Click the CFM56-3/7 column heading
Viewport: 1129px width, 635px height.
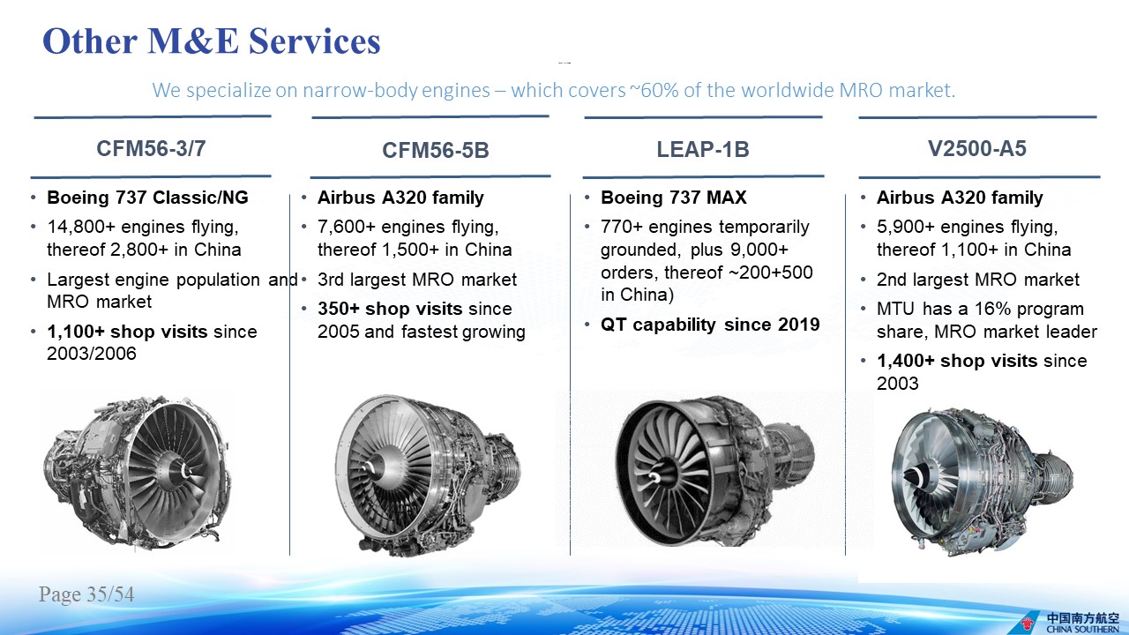[151, 149]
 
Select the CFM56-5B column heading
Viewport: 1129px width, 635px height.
[436, 150]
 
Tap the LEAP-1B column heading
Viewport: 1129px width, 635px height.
[703, 149]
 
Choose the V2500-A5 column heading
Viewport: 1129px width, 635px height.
[976, 149]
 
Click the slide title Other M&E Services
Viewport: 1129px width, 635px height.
[212, 41]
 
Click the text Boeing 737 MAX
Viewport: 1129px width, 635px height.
[673, 197]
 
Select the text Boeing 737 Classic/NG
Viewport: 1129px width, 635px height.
[147, 198]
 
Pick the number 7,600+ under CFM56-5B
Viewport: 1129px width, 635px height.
[347, 227]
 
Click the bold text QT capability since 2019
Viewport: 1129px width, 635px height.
[710, 325]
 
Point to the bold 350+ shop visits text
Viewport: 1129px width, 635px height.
[390, 309]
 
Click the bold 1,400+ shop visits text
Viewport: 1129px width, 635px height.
[957, 361]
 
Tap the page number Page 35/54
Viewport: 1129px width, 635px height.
[86, 594]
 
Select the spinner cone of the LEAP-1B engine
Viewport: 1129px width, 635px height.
[656, 477]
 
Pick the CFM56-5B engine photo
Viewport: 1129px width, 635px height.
[429, 475]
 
